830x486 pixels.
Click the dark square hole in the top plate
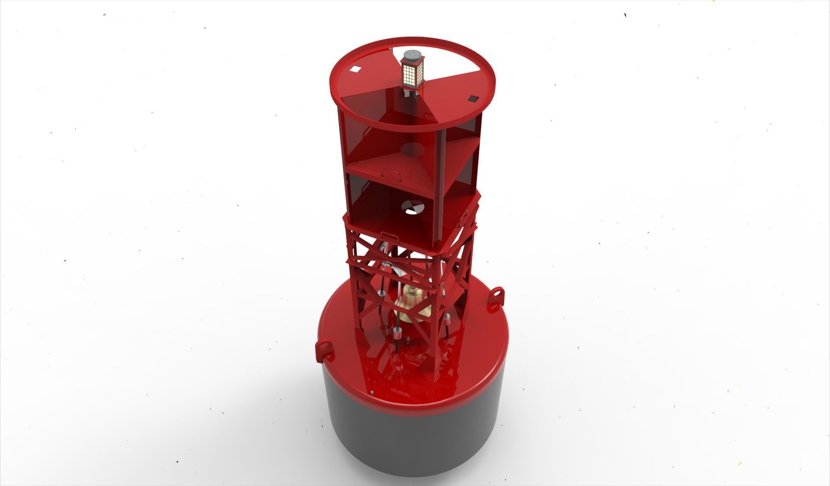(474, 99)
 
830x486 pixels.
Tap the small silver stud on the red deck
(373, 393)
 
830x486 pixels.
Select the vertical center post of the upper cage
(442, 182)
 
